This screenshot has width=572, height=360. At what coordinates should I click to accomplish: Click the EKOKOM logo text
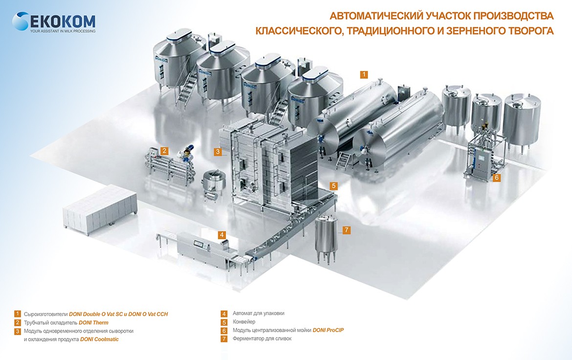coord(62,21)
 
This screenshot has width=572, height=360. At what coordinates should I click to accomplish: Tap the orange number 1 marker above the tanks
coord(364,75)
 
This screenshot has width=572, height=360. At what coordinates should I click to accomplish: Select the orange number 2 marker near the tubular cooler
coord(165,151)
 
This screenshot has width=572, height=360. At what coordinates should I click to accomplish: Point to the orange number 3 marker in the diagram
coord(217,152)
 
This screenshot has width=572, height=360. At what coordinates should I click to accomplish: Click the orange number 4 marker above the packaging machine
coord(222,234)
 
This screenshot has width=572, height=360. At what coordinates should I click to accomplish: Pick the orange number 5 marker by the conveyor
coord(333,186)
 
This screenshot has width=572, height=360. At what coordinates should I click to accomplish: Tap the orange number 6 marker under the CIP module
coord(497,178)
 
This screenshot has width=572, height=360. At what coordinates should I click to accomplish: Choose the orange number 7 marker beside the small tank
coord(346,230)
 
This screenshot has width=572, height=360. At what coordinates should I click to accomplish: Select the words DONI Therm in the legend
coord(93,323)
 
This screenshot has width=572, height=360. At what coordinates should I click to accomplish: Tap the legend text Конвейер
coord(244,322)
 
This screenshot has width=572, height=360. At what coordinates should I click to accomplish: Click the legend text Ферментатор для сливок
coord(262,339)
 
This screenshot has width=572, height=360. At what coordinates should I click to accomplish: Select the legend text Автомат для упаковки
coord(259,314)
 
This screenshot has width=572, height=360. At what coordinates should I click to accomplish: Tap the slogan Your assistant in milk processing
coord(63,31)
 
